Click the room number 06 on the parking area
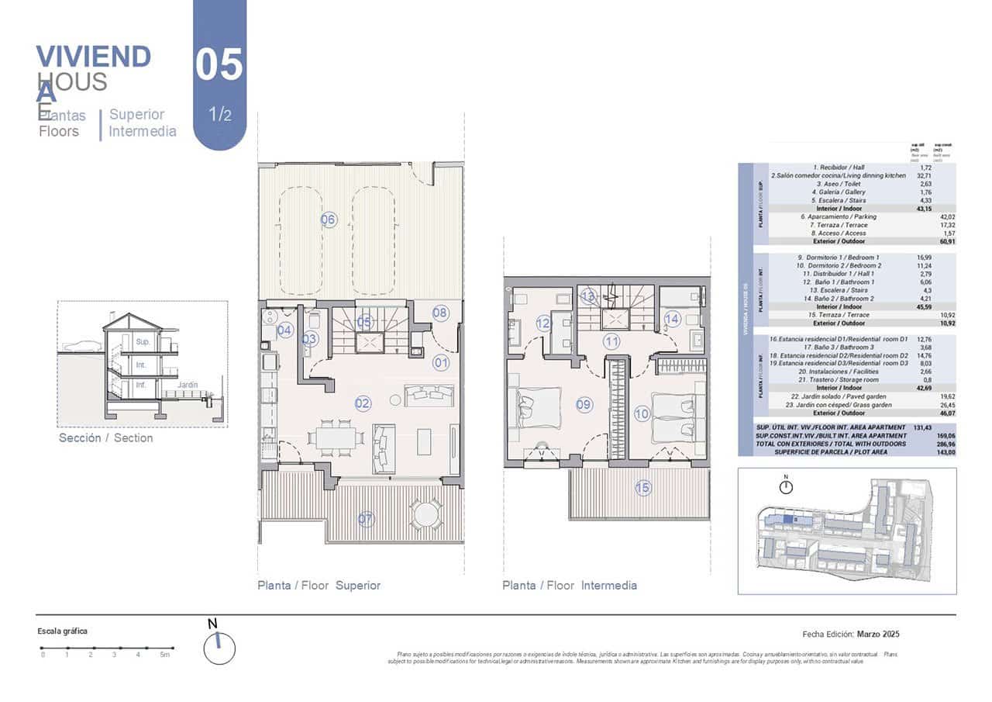pyautogui.click(x=328, y=220)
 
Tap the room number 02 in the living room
pyautogui.click(x=363, y=403)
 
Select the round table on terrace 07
pyautogui.click(x=425, y=514)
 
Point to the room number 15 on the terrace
pyautogui.click(x=642, y=488)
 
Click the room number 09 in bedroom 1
pyautogui.click(x=584, y=404)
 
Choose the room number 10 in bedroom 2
pyautogui.click(x=642, y=414)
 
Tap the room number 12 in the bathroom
pyautogui.click(x=542, y=323)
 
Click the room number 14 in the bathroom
pyautogui.click(x=671, y=318)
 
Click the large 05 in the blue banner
pyautogui.click(x=219, y=65)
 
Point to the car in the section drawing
pyautogui.click(x=81, y=345)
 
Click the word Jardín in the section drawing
pyautogui.click(x=187, y=385)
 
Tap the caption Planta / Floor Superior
pyautogui.click(x=319, y=586)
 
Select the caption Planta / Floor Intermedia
pyautogui.click(x=569, y=586)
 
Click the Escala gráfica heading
pyautogui.click(x=63, y=631)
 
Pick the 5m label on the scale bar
pyautogui.click(x=164, y=655)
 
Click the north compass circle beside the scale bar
pyautogui.click(x=219, y=648)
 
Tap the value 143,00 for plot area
pyautogui.click(x=943, y=451)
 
